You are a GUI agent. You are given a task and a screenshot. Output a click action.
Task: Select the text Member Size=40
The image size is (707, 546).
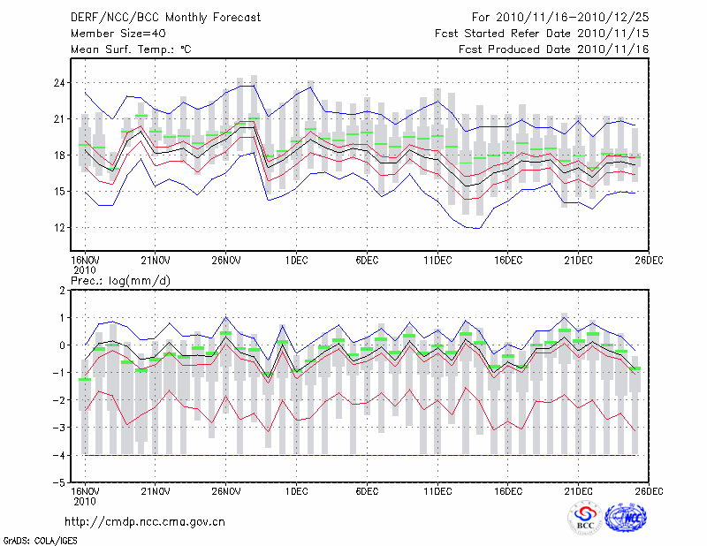click(112, 33)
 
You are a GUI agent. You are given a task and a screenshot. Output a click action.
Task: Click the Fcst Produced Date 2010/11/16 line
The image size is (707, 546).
click(554, 49)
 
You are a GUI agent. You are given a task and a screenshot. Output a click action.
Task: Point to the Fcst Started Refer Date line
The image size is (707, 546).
click(543, 33)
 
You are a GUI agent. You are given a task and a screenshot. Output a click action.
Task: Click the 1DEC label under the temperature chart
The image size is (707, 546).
click(296, 261)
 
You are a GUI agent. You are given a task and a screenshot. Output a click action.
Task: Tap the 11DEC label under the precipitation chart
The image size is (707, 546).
click(437, 490)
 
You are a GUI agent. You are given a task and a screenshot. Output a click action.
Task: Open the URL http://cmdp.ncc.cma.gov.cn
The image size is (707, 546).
click(145, 522)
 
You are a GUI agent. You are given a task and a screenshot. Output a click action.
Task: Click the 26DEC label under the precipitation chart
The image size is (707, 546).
click(650, 490)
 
